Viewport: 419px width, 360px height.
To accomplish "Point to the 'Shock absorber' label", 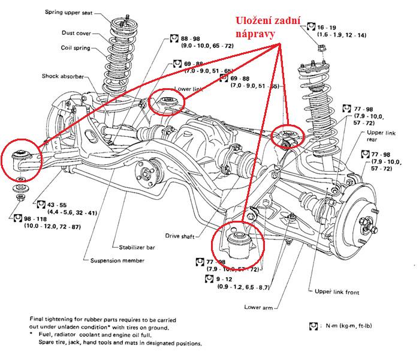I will point(62,76).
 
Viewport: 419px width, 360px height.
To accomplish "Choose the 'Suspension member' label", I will point(117,261).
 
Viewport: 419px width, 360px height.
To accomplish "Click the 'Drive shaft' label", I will point(181,236).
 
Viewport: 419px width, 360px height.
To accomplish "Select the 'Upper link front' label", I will point(337,292).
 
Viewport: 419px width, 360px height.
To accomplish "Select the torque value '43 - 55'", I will point(58,205).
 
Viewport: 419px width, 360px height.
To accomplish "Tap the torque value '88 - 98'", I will point(191,38).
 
